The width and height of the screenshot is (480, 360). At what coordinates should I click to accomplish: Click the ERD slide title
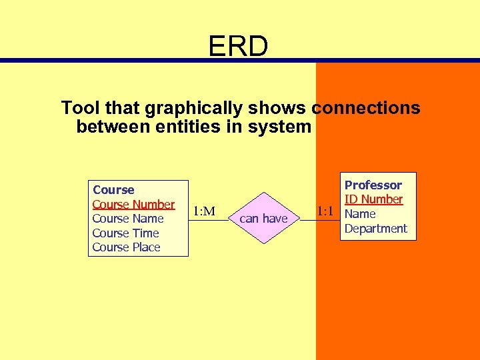click(x=238, y=46)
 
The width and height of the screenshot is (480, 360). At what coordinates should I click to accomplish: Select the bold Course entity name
click(x=113, y=190)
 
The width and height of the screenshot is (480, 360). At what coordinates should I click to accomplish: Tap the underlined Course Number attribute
click(x=133, y=204)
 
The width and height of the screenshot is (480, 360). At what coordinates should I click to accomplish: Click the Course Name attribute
click(x=127, y=219)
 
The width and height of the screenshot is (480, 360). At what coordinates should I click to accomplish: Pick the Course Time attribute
click(x=125, y=233)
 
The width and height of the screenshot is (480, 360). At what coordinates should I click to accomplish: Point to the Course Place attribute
click(x=126, y=247)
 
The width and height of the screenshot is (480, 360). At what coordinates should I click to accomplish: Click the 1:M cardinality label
click(x=203, y=211)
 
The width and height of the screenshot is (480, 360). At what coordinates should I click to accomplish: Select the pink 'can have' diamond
click(x=263, y=218)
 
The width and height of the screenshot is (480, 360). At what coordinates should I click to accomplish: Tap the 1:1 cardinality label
click(x=325, y=211)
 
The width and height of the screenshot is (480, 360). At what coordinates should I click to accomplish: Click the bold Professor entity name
click(x=373, y=185)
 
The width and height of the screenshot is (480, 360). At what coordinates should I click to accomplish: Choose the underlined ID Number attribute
click(x=373, y=199)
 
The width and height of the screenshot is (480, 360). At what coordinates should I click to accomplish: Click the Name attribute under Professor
click(x=360, y=214)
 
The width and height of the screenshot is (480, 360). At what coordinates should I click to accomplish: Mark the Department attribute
click(x=375, y=229)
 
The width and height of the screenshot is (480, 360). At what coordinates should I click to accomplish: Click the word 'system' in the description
click(x=280, y=126)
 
